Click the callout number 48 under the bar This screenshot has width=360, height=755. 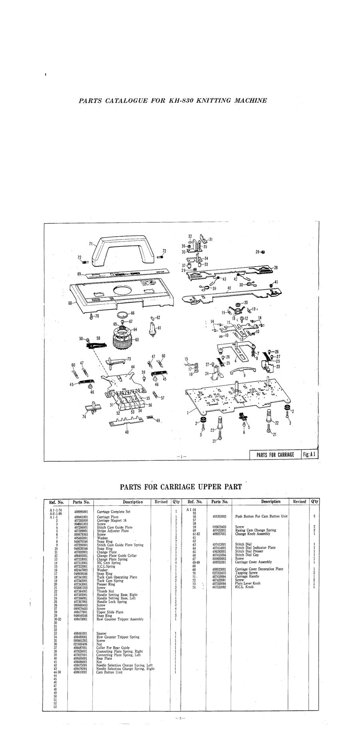click(x=127, y=432)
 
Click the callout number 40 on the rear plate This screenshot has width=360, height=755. click(x=229, y=288)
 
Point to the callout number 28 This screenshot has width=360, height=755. click(x=276, y=267)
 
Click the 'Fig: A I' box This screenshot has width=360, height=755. click(x=310, y=455)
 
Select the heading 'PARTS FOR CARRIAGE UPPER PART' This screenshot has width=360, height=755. click(x=181, y=487)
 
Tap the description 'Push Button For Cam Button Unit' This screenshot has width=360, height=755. click(x=261, y=516)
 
